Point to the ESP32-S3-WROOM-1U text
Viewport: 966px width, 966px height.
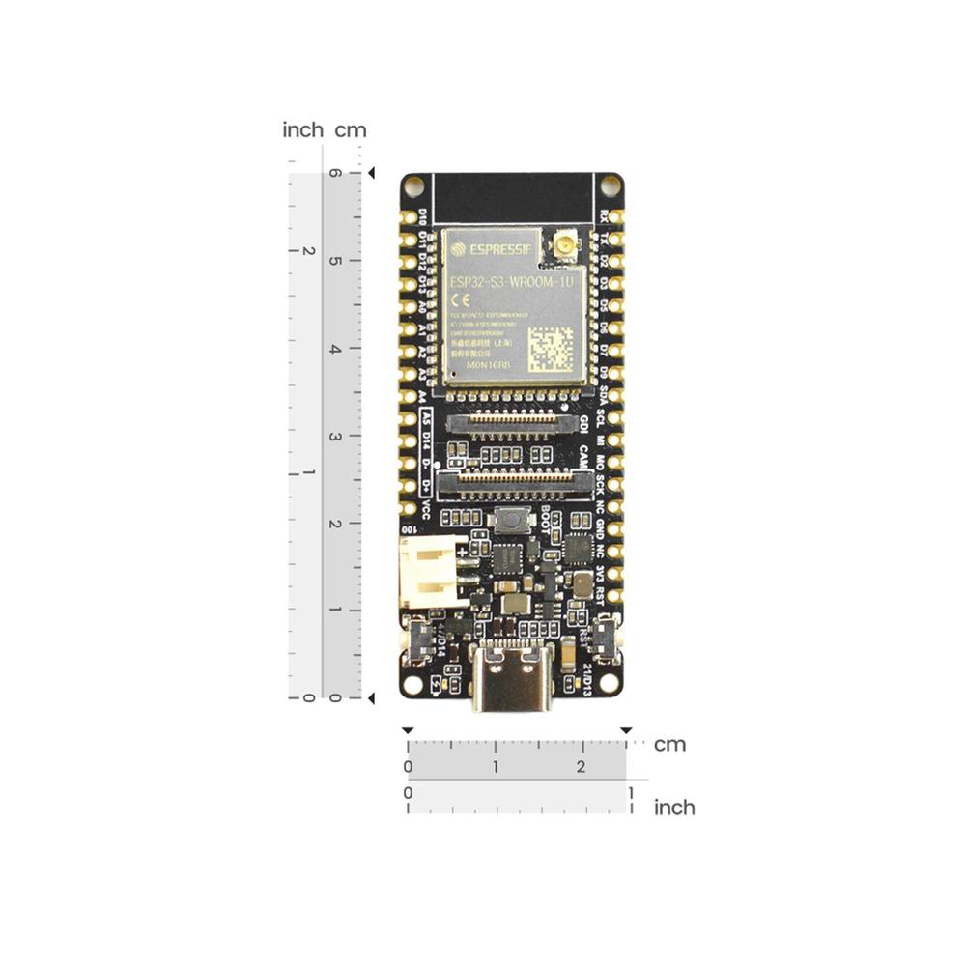(x=512, y=281)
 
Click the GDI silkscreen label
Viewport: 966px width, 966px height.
(x=584, y=425)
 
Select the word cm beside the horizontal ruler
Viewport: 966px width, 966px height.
(x=669, y=745)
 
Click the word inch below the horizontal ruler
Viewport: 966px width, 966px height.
(x=674, y=807)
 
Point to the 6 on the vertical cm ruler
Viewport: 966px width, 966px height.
(x=334, y=174)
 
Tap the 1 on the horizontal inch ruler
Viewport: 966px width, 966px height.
(x=631, y=792)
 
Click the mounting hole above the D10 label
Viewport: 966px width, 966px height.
(x=414, y=185)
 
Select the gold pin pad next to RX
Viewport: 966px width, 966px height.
(x=616, y=216)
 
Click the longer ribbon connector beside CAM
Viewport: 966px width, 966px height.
(x=514, y=478)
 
